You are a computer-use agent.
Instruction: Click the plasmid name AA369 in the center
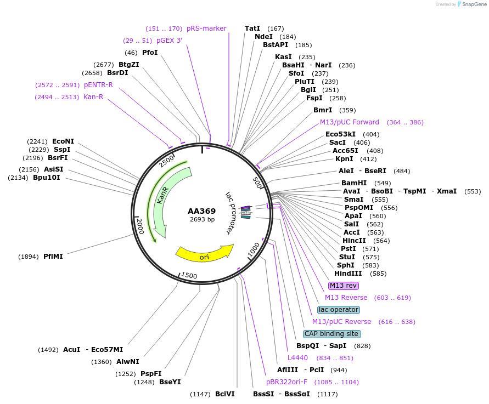click(x=202, y=210)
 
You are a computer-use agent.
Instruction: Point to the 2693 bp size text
click(x=202, y=219)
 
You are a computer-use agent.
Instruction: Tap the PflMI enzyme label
click(x=53, y=256)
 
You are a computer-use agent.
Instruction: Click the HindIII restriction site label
click(x=349, y=274)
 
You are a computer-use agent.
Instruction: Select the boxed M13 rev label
click(x=343, y=286)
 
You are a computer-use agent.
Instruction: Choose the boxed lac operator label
click(x=338, y=310)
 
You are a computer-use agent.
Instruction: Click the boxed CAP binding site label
click(x=332, y=334)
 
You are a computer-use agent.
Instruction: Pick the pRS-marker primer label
click(x=206, y=29)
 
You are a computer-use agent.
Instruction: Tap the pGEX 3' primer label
click(x=170, y=40)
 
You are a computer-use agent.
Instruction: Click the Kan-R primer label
click(x=93, y=97)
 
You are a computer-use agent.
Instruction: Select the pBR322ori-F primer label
click(x=287, y=382)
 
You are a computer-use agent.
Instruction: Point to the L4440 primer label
click(x=298, y=358)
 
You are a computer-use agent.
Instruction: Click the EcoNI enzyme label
click(x=63, y=141)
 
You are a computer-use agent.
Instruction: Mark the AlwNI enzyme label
click(x=128, y=361)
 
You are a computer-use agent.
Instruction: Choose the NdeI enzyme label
click(x=263, y=37)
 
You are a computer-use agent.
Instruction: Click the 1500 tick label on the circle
click(x=189, y=276)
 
